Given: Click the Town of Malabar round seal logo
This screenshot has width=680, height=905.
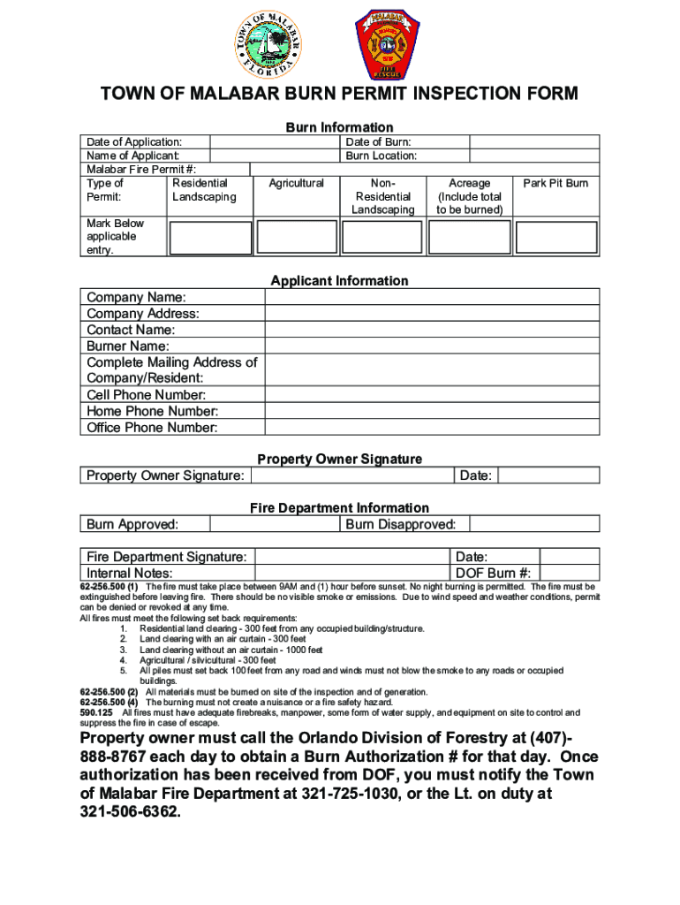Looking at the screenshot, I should (269, 44).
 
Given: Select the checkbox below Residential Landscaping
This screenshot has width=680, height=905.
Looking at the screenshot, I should (209, 238).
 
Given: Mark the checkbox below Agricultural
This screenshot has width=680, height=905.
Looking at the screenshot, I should (296, 238).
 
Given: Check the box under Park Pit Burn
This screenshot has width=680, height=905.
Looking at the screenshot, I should (555, 238).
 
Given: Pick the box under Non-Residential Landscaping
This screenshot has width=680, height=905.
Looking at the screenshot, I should (382, 238).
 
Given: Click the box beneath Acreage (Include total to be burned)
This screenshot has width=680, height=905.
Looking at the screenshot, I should (469, 238).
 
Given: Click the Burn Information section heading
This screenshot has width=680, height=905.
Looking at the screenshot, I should (339, 127).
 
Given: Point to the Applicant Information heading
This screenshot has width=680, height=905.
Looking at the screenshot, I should (339, 281).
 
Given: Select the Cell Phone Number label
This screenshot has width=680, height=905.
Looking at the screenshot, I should (146, 395).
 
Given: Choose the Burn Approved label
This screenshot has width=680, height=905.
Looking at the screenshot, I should (132, 524).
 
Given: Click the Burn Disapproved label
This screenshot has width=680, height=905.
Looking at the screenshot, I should (400, 524).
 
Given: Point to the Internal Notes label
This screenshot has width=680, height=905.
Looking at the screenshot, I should (129, 573).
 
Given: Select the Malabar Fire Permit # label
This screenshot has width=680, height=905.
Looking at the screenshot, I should (140, 169).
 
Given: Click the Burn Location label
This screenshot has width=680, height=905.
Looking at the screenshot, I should (381, 156).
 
